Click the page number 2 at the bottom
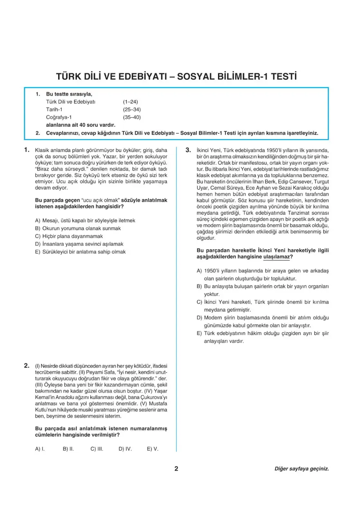pos(176,469)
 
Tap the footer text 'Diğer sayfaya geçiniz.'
pos(301,469)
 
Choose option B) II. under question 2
pos(68,449)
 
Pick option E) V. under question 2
pos(152,449)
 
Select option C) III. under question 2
pos(96,449)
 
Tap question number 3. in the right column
pos(189,150)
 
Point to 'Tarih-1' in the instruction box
pos(55,109)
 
